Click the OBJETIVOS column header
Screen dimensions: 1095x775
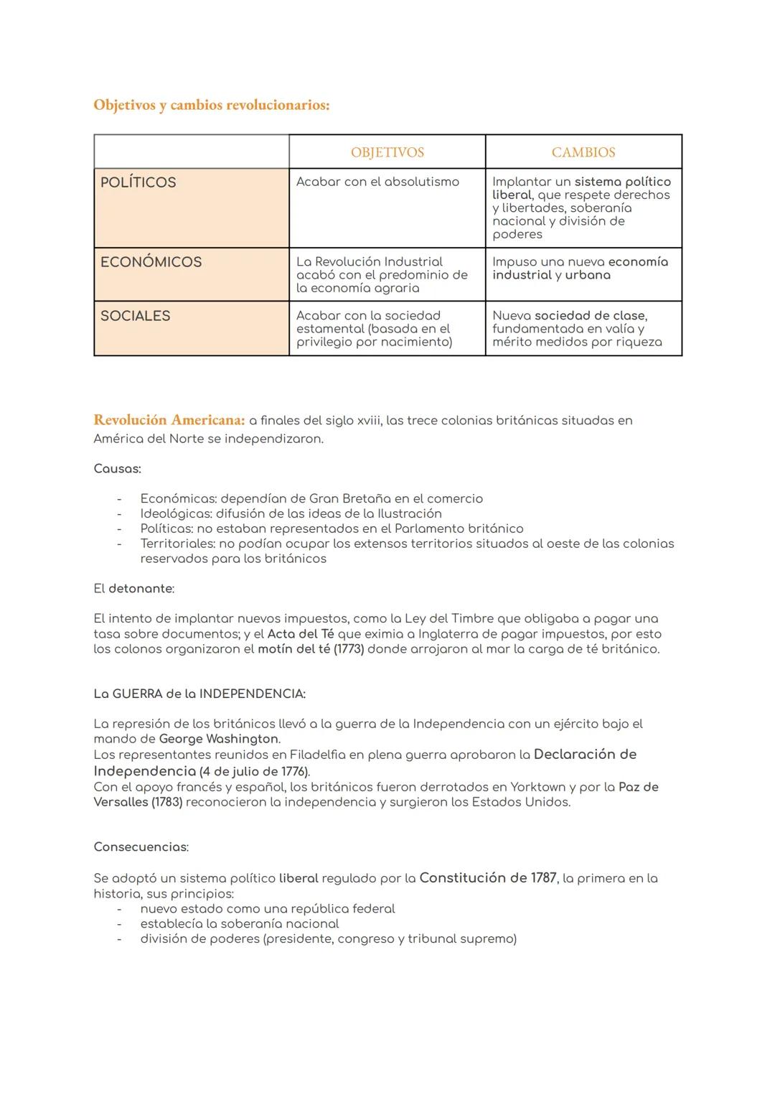[x=387, y=152]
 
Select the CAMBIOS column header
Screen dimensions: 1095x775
[x=583, y=152]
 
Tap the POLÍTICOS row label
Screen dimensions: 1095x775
[x=138, y=182]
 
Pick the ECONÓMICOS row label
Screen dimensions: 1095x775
[x=151, y=262]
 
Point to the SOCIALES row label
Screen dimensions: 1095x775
[x=135, y=316]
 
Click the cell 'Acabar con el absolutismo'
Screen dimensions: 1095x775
[x=377, y=182]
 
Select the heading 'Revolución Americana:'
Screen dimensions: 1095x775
[x=169, y=420]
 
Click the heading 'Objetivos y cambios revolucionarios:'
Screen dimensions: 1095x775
[x=212, y=105]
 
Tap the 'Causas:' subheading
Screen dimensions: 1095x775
[x=117, y=469]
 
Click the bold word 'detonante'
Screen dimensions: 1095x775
[x=141, y=589]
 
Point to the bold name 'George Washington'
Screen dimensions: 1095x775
[x=219, y=739]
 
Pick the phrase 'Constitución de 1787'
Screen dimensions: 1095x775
[x=488, y=877]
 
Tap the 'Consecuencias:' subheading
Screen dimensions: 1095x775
[x=141, y=847]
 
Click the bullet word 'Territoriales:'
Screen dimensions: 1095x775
[x=178, y=544]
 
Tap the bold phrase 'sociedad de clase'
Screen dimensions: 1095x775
[x=590, y=316]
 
